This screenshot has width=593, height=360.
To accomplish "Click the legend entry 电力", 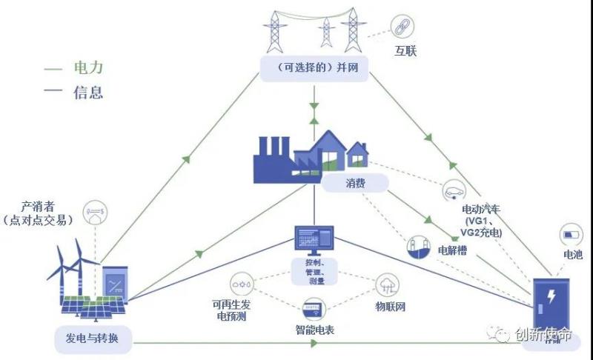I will pos(87,68).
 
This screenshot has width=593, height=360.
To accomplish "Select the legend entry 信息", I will pos(87,93).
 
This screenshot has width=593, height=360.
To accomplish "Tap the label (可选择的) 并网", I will pos(316,67).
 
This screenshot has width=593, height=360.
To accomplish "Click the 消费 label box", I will pos(355,181).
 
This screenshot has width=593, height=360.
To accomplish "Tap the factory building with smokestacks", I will pos(282,158).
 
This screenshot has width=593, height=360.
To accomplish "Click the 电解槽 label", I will pos(451,249).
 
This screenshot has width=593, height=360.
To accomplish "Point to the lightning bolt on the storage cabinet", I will pos(551,298).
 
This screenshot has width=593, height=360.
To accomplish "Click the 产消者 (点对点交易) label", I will pos(39,213).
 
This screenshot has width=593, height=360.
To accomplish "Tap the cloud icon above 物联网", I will pos(387,283).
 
